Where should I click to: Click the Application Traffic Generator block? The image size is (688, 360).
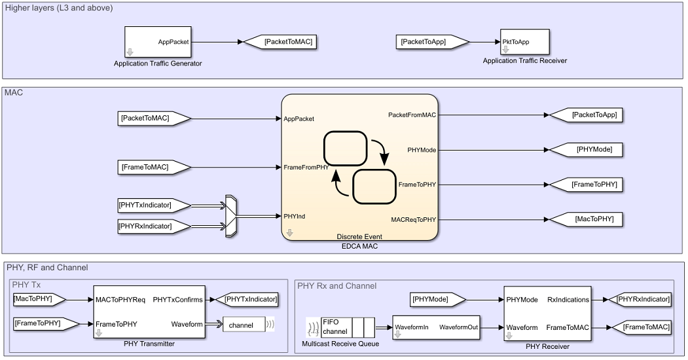tap(158, 42)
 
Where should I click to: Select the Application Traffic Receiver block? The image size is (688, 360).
tap(524, 42)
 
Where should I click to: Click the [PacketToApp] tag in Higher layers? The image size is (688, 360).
tap(431, 42)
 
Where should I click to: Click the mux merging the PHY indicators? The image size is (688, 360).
tap(230, 215)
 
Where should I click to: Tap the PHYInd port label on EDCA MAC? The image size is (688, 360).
tap(295, 216)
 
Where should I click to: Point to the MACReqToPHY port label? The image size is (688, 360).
tap(413, 219)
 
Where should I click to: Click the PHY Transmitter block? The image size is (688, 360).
tap(149, 312)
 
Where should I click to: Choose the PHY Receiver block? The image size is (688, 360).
tap(547, 313)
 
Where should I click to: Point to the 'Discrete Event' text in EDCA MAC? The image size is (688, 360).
tap(359, 236)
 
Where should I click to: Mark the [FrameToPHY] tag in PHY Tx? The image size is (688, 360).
tap(40, 323)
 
